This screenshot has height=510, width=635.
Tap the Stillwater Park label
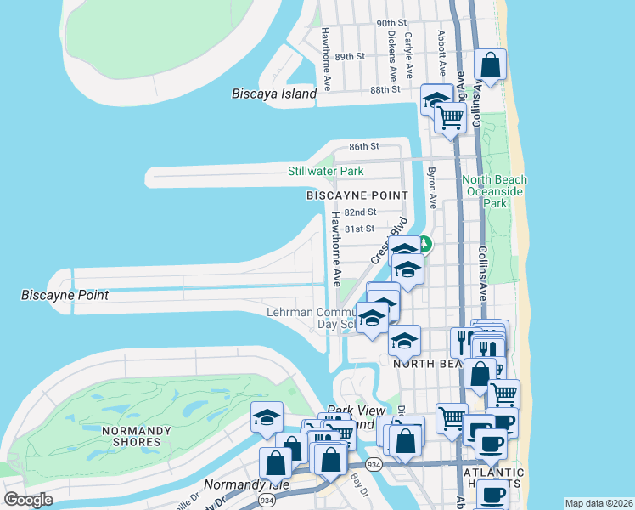click(325, 172)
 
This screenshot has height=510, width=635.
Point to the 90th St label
click(391, 23)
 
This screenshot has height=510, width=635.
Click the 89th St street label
click(349, 56)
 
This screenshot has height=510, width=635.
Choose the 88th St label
click(385, 89)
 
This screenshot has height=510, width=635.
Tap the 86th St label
click(363, 146)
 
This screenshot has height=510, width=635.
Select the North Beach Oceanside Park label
click(494, 191)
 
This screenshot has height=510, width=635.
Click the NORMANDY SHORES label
click(132, 436)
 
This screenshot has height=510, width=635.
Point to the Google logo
click(28, 500)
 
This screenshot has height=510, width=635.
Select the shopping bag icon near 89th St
click(491, 64)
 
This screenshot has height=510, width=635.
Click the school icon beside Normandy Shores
click(267, 417)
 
